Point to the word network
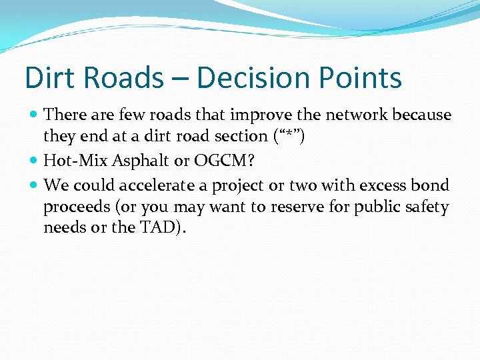[355, 115]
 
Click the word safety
[426, 207]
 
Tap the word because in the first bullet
[421, 115]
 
